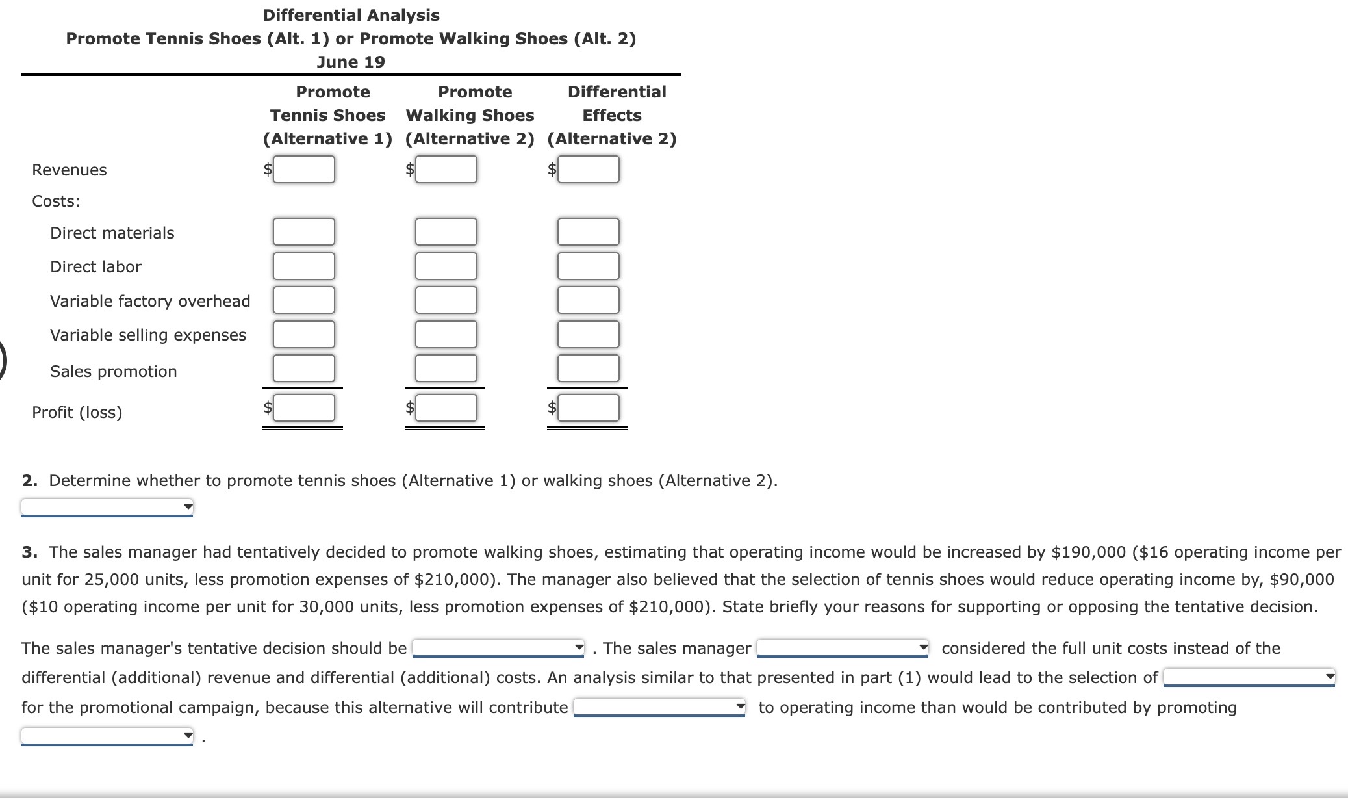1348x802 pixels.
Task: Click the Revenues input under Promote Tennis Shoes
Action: point(303,170)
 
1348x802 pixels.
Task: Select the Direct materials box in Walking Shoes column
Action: point(446,232)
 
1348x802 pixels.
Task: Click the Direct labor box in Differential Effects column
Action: point(588,266)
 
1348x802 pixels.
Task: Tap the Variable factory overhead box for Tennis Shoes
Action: point(303,300)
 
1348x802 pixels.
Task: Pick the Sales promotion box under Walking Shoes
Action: point(446,369)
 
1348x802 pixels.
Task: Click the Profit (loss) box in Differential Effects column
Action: point(588,408)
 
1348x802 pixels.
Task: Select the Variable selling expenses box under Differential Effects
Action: point(588,334)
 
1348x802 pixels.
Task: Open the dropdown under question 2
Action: point(107,507)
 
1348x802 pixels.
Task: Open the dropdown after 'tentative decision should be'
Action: point(499,648)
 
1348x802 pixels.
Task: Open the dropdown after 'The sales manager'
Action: point(843,648)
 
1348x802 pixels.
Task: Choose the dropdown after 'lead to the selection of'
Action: point(1249,677)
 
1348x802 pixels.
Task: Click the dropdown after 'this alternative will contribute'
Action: point(659,707)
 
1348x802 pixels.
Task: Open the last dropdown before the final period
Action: point(107,736)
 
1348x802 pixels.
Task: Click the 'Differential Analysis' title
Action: point(351,15)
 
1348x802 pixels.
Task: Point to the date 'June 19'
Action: point(351,62)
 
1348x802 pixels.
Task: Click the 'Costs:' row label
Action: point(57,201)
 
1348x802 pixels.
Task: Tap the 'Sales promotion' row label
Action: point(114,371)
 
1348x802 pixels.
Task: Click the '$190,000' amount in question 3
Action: point(1088,552)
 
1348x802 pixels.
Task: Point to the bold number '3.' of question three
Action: point(29,552)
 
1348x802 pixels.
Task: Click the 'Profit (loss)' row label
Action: point(77,412)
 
